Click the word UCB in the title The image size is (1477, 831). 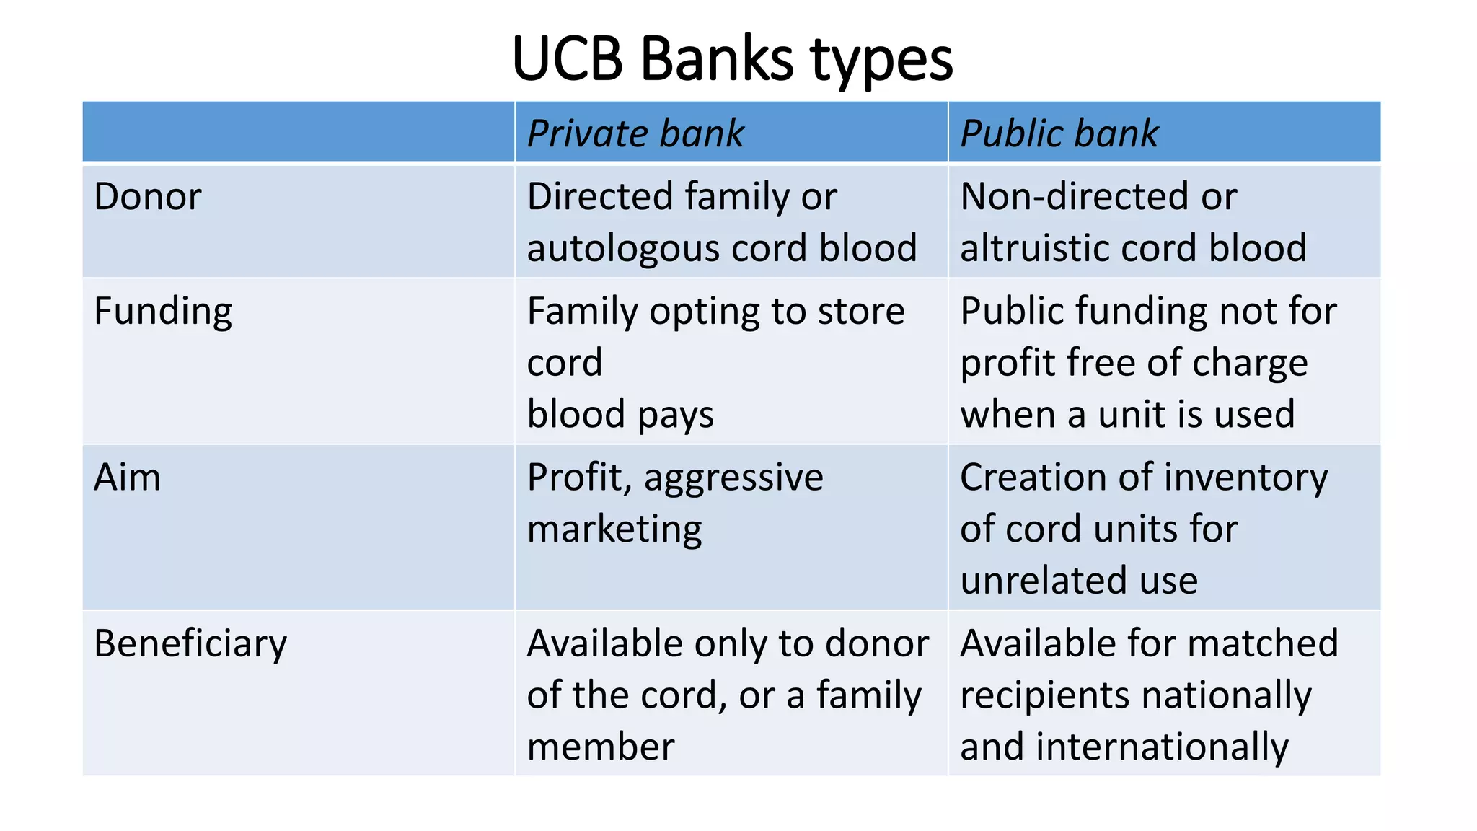567,59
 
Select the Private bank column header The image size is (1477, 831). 635,134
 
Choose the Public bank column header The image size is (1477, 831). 1059,134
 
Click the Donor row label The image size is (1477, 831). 147,197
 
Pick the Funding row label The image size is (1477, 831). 163,312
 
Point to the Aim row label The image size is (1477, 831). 127,478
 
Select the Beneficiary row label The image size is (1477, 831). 190,644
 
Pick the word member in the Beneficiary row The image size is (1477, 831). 600,747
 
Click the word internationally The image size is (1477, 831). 1162,747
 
